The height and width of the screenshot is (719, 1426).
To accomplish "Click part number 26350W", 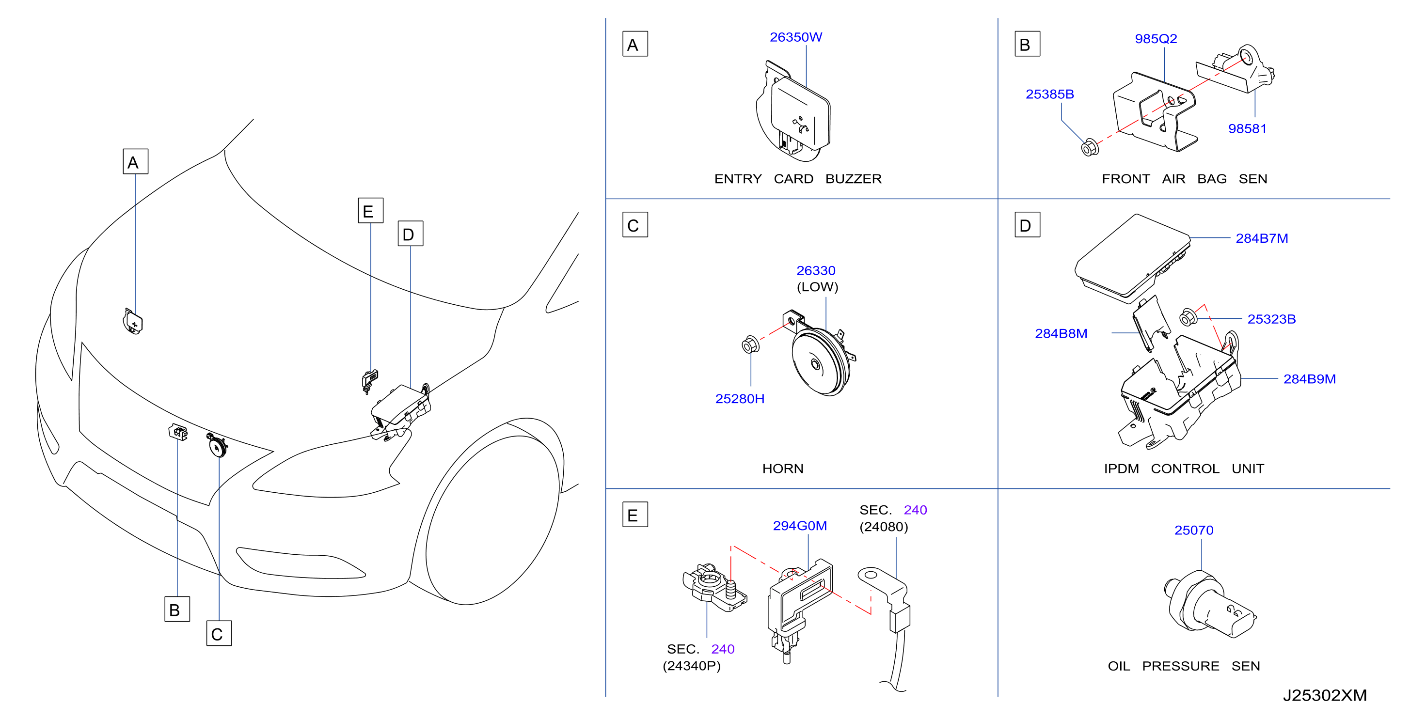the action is click(795, 37).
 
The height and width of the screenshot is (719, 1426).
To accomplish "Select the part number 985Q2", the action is click(1156, 39).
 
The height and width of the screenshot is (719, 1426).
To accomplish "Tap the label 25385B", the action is click(1049, 94).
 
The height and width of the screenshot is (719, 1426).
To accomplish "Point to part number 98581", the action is click(1247, 128).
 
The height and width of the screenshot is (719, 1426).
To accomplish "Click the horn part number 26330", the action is click(816, 271).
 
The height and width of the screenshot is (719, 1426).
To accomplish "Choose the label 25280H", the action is click(740, 399).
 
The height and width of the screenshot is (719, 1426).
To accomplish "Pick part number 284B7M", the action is click(1262, 238).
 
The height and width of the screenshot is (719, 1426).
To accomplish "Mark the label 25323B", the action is click(1271, 319).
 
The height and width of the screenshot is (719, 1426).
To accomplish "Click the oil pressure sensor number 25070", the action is click(1194, 530).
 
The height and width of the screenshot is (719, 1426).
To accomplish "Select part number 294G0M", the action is click(800, 526).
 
